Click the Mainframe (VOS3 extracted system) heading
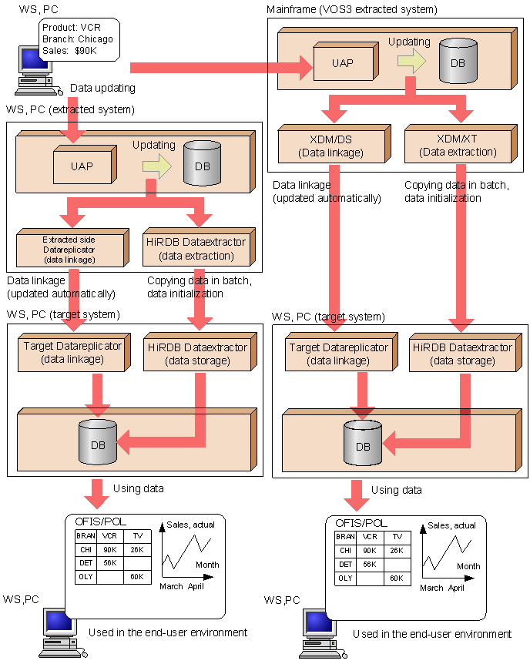pos(351,9)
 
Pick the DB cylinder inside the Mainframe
pos(458,62)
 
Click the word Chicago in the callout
pos(96,39)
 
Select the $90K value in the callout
pos(86,50)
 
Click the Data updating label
pos(102,89)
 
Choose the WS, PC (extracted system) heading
pos(70,109)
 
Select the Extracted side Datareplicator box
pos(69,249)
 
